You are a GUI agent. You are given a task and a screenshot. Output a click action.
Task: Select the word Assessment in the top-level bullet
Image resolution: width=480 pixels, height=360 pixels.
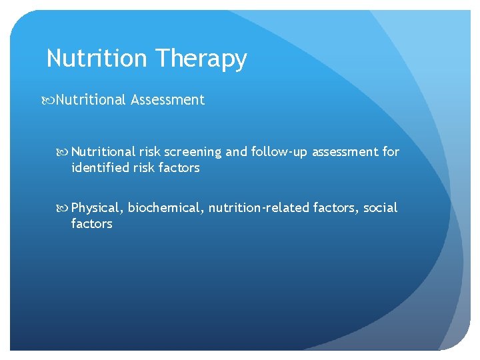click(x=168, y=100)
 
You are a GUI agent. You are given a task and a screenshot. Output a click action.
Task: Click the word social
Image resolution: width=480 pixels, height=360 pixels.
click(x=380, y=208)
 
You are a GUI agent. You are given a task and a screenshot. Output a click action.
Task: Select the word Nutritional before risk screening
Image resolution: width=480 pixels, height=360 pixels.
click(x=103, y=152)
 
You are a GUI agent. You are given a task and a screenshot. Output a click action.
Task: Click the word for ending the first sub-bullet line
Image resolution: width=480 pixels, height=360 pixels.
click(x=391, y=152)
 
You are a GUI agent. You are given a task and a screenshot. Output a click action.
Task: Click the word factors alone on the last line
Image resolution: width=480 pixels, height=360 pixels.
click(x=91, y=224)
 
